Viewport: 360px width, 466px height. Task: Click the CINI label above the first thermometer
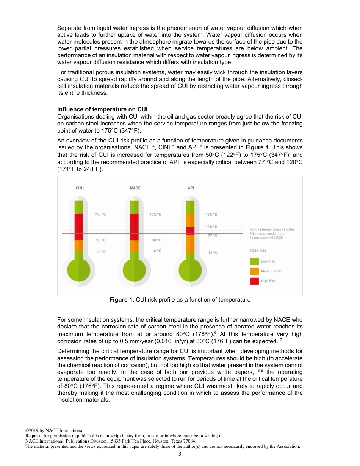tap(80, 188)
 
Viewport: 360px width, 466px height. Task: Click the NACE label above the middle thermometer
tap(135, 188)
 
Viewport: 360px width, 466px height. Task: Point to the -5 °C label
tap(101, 252)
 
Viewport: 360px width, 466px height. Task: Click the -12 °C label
tap(212, 253)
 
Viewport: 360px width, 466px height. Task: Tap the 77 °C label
tap(212, 235)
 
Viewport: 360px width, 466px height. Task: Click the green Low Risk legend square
tap(255, 261)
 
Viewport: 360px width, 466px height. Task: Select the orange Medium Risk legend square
tap(255, 271)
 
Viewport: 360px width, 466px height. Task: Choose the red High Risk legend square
tap(255, 281)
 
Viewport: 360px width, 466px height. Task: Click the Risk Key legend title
tap(258, 250)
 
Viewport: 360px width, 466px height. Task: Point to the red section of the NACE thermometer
tap(135, 227)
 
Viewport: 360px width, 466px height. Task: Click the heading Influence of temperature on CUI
tap(102, 109)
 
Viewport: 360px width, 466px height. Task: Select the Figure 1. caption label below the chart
tap(122, 300)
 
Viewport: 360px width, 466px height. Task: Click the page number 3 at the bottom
tap(180, 454)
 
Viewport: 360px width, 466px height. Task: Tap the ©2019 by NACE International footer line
tap(55, 430)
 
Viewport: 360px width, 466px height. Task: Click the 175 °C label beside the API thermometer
tap(211, 214)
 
